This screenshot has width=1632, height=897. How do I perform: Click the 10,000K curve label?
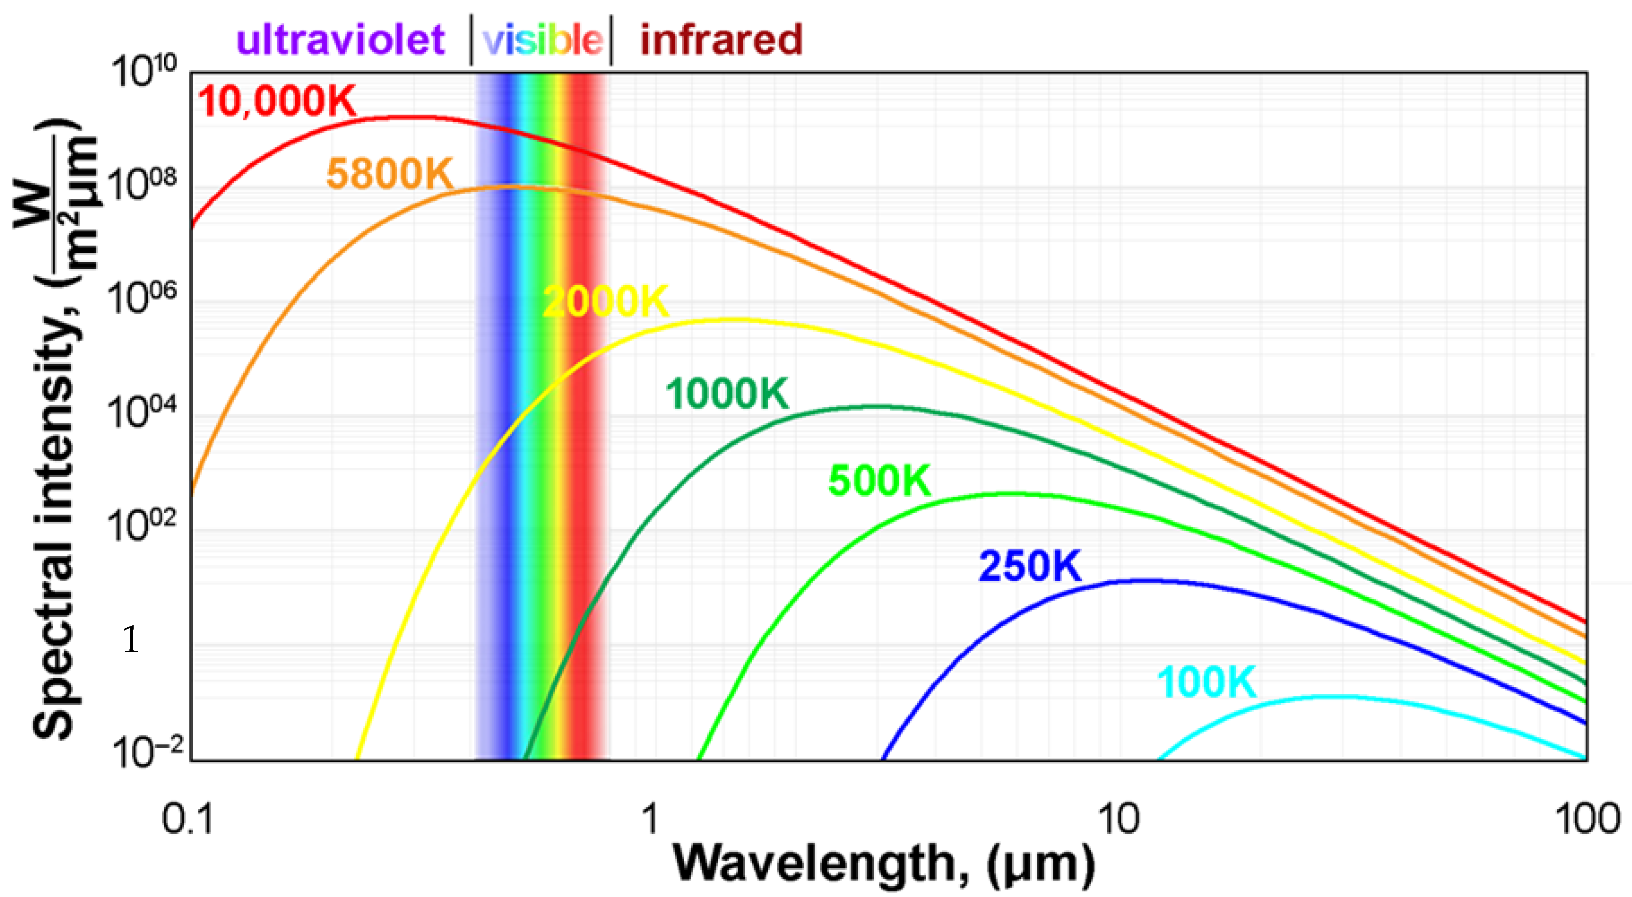[x=277, y=101]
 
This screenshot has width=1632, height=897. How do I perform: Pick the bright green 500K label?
[x=879, y=480]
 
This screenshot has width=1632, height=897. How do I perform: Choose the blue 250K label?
[x=1029, y=566]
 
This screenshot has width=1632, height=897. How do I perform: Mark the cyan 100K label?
[x=1206, y=683]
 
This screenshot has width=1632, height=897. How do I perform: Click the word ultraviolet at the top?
[x=340, y=39]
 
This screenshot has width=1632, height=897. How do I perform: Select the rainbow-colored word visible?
[x=542, y=39]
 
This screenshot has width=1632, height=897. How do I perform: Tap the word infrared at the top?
[x=721, y=39]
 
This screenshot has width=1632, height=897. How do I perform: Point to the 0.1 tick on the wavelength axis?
[x=188, y=819]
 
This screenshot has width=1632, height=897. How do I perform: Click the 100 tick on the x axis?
[x=1587, y=819]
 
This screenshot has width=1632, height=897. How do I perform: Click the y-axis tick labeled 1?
[x=130, y=639]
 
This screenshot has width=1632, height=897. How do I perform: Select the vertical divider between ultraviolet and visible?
[x=471, y=39]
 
